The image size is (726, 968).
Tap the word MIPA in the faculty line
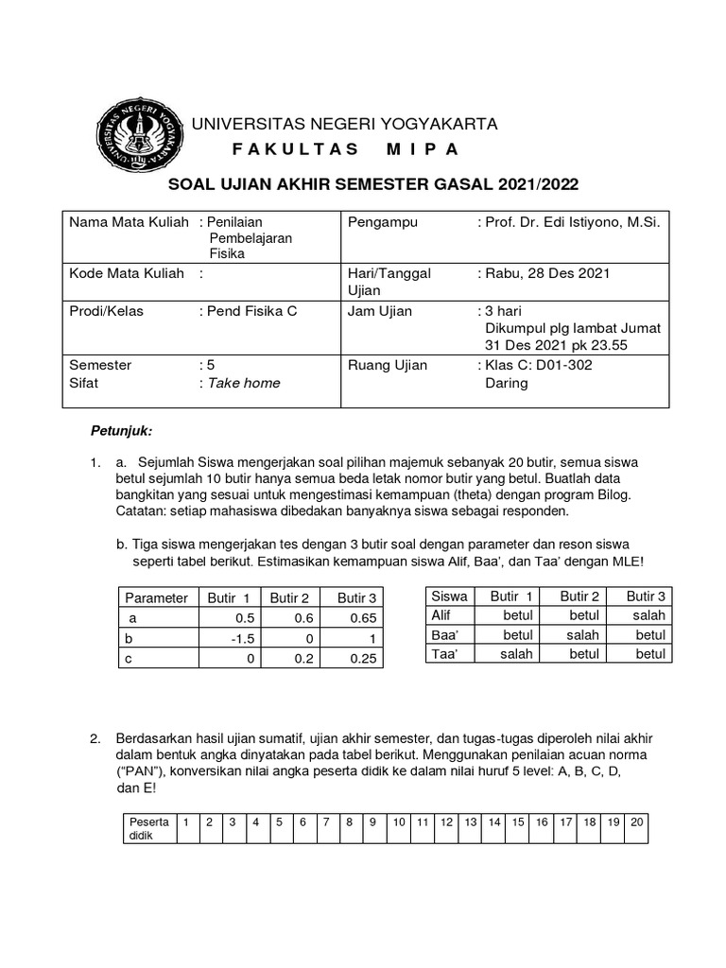(422, 149)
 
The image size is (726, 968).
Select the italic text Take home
(244, 383)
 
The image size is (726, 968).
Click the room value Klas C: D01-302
(539, 365)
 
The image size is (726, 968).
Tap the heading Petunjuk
(121, 431)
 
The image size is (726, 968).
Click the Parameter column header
(156, 596)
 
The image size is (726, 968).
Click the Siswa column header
(448, 596)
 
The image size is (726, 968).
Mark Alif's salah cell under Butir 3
(649, 615)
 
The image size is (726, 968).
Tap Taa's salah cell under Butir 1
(517, 653)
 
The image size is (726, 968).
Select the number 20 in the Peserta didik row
(636, 821)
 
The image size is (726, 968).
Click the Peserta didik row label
(148, 828)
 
